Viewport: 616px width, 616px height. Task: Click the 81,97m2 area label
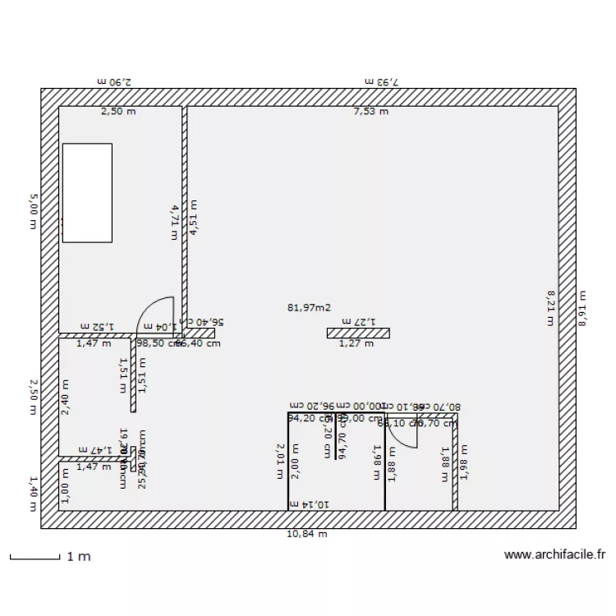pos(309,308)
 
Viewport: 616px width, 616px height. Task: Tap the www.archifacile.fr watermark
pos(554,556)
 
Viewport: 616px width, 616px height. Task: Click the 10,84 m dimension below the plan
pos(306,534)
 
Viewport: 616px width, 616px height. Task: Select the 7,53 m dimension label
pos(370,112)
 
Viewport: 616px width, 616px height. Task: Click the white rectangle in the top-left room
pos(87,192)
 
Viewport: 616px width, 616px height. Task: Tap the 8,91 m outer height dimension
pos(582,308)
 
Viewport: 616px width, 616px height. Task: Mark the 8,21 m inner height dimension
pos(550,308)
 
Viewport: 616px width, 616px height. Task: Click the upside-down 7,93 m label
pos(382,81)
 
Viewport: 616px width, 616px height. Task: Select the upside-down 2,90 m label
pos(114,81)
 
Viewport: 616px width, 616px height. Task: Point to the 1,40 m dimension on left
pos(34,493)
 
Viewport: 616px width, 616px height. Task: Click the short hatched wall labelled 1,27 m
pos(357,333)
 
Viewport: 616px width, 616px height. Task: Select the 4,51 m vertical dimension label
pos(194,218)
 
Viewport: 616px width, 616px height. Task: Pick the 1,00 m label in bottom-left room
pos(66,490)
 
